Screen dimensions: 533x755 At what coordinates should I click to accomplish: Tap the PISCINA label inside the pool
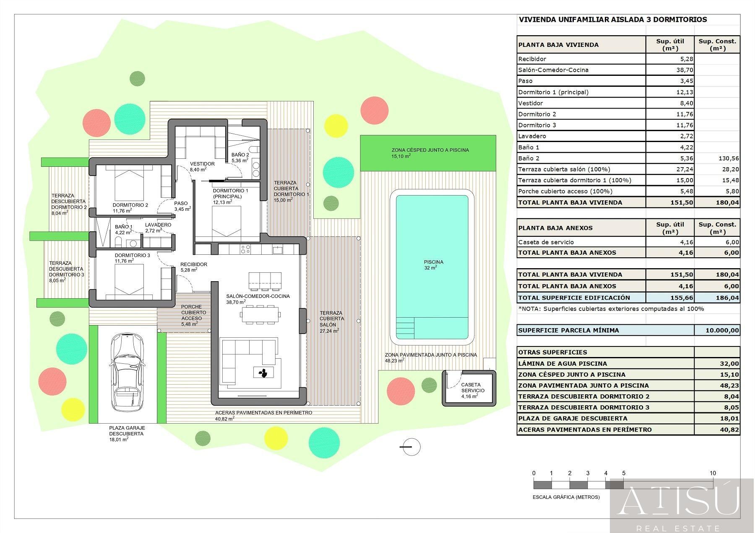433,262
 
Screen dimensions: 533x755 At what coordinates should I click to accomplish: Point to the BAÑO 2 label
240,155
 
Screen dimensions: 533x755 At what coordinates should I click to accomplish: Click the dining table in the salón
260,314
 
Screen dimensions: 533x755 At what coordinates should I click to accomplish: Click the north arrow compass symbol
410,447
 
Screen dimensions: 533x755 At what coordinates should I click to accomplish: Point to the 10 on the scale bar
712,473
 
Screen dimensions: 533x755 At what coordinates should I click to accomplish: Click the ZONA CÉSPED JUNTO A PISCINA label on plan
430,150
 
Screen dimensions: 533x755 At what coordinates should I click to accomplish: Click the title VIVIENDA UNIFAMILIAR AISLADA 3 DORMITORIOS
612,20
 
